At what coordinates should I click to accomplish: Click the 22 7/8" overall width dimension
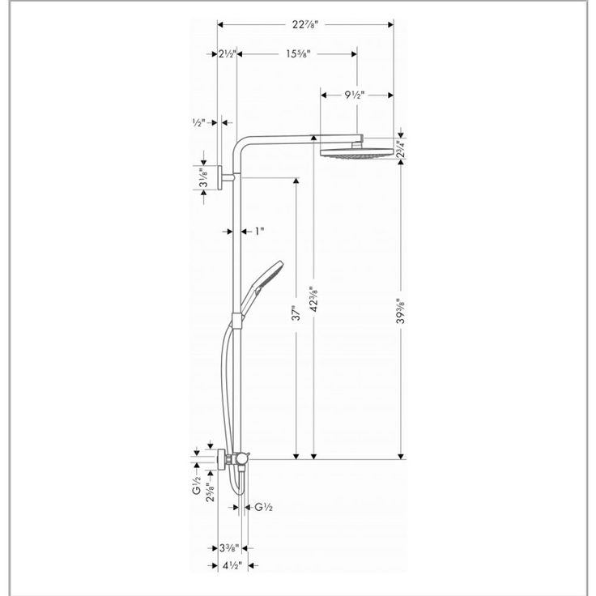point(304,24)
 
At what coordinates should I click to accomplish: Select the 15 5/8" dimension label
point(298,53)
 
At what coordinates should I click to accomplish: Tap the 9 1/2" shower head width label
point(354,95)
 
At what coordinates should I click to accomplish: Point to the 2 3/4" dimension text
point(398,149)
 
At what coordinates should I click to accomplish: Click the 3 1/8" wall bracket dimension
point(204,179)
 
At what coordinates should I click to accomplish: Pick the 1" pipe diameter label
point(260,231)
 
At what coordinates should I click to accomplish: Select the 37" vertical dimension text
point(296,313)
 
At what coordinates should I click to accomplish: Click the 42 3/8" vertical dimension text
point(314,299)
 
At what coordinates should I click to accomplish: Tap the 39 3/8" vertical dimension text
point(400,310)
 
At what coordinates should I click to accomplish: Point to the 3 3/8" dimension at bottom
point(229,547)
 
